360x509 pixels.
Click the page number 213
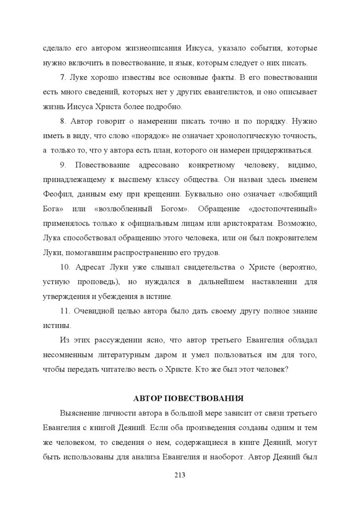180,475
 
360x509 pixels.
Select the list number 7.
62,78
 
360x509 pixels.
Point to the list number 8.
62,121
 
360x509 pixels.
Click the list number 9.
62,165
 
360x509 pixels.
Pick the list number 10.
64,267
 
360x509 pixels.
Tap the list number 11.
64,311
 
